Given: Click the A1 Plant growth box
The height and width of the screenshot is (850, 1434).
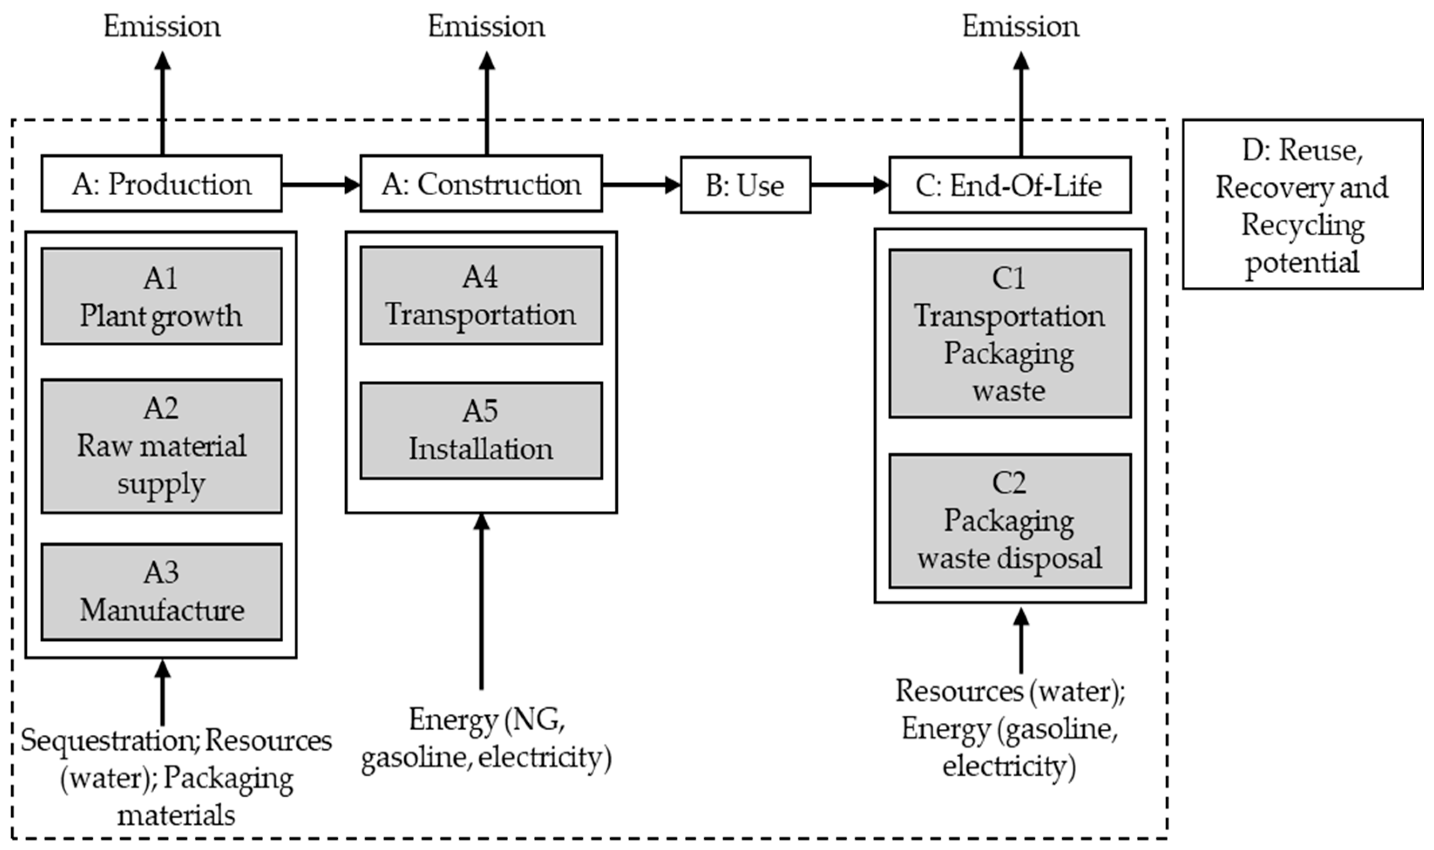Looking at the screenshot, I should point(161,296).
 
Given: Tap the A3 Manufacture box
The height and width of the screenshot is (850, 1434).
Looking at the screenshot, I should point(161,592).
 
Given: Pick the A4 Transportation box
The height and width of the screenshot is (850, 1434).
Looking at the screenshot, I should point(481,296).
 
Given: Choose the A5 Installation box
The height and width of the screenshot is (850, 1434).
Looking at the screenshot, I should point(481,430).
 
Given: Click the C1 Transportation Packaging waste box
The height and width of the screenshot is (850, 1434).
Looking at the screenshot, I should point(1010,333).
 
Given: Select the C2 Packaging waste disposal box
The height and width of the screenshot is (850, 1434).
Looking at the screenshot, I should point(1010,521).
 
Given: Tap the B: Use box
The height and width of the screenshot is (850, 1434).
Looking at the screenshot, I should point(746,185).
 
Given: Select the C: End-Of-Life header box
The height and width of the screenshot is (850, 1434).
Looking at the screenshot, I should point(1010,185).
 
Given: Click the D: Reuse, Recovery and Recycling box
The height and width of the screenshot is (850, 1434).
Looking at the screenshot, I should point(1302,204).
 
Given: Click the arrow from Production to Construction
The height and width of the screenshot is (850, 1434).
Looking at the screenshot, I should point(321,184).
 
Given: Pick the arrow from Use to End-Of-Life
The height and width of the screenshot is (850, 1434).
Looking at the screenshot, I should point(850,184).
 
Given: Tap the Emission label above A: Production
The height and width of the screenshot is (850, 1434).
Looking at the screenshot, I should point(162,26).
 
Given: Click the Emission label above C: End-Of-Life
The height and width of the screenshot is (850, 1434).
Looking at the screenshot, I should point(1020,26).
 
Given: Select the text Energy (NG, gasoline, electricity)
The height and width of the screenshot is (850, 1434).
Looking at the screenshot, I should point(486,739).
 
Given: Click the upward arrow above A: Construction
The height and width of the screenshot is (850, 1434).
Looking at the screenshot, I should point(487,103).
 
